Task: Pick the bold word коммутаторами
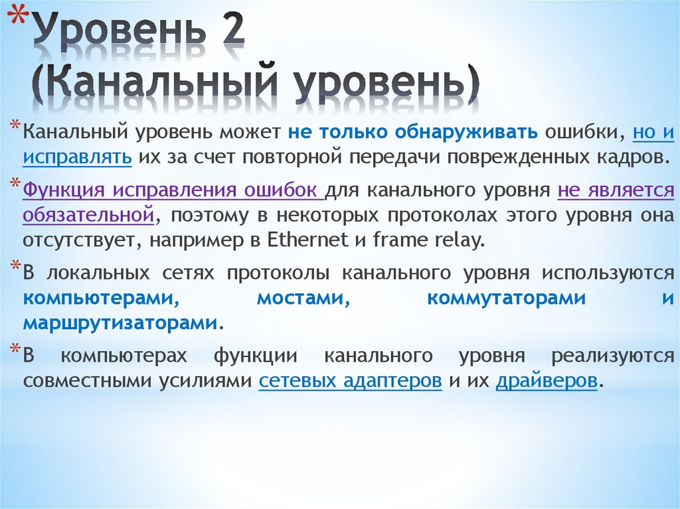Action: (507, 298)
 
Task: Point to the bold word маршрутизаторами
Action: (120, 323)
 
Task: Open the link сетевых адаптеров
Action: (350, 382)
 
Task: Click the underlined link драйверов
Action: (547, 382)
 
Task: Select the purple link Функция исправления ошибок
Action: (172, 190)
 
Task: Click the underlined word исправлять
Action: (76, 158)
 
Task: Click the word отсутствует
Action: (77, 240)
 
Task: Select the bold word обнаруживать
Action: (467, 132)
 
